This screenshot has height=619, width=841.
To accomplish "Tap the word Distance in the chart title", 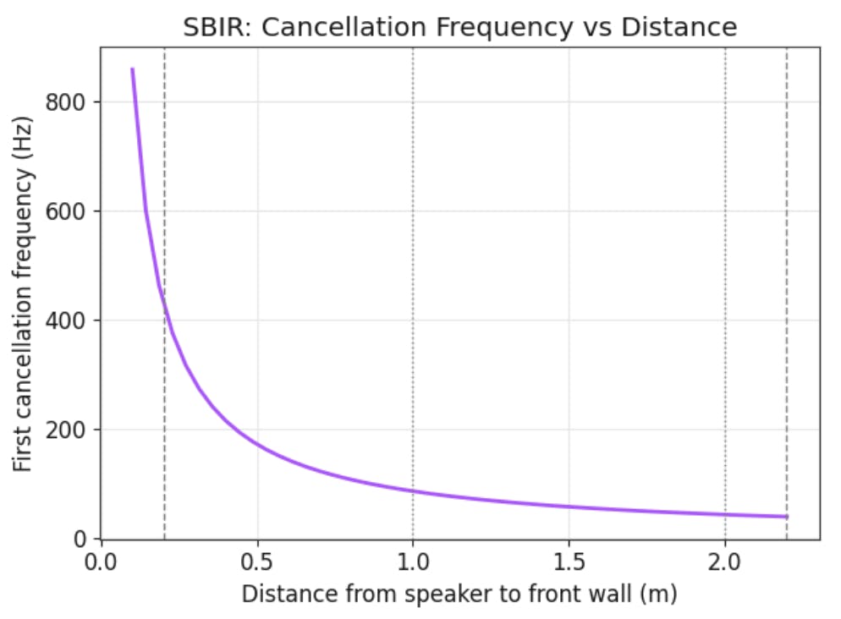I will pos(679,27).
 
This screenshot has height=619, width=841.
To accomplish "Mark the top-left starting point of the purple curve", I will pos(132,69).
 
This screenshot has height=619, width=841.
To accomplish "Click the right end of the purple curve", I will pos(787,517).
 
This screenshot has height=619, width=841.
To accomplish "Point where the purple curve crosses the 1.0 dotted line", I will pos(413,491).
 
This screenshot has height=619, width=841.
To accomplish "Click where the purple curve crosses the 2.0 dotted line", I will pos(725,515).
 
